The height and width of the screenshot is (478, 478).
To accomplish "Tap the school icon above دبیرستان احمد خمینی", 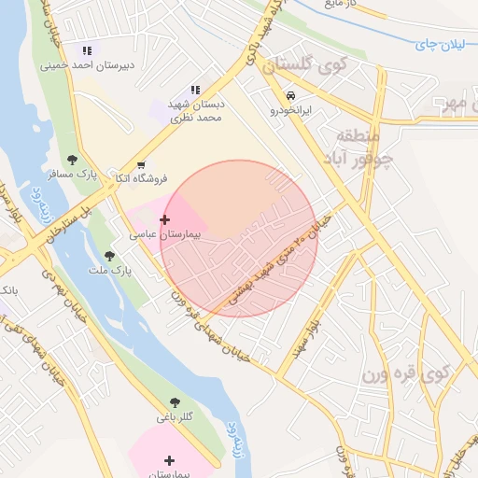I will point(87,50).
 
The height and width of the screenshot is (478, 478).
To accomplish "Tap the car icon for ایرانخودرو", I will point(291,95).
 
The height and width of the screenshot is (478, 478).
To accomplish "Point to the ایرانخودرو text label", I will point(290,110).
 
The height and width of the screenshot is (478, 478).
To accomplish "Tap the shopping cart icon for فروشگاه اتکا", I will point(140,163).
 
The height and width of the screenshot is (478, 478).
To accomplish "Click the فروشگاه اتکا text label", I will point(140,177).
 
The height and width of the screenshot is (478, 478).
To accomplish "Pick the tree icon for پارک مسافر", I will point(73,160).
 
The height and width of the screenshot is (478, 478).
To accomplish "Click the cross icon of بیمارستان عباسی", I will point(165,220).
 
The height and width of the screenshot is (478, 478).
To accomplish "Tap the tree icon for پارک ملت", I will point(109,256).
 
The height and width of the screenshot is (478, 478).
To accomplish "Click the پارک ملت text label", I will point(110,270).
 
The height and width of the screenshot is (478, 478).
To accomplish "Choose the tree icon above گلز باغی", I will point(175,402).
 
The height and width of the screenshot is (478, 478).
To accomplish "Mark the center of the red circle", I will point(239,239).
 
